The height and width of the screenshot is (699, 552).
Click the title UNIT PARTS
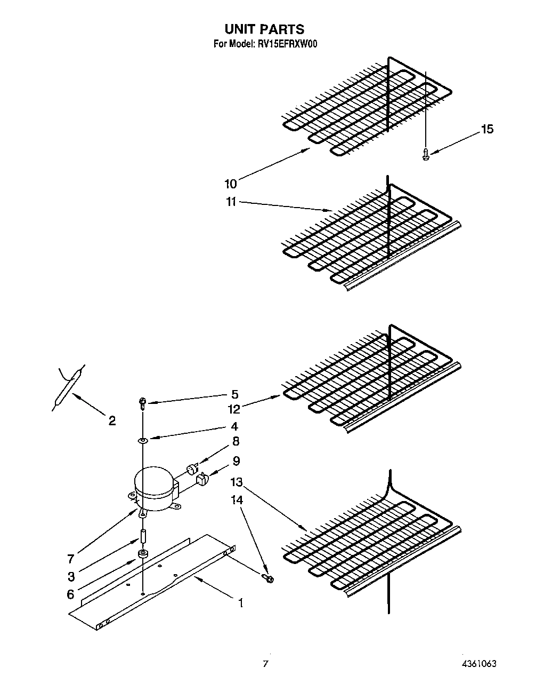(264, 29)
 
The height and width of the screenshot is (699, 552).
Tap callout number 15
(487, 129)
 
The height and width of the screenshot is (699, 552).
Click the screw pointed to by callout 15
(425, 155)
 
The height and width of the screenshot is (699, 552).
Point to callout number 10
(230, 184)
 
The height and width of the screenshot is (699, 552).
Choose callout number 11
(230, 202)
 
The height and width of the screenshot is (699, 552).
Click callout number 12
(234, 409)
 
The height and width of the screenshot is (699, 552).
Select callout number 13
(236, 482)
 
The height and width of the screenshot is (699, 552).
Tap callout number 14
(237, 500)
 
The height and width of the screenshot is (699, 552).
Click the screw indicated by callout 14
(268, 577)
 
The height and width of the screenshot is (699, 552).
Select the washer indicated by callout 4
(143, 440)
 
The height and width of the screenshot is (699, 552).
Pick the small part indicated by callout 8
(190, 469)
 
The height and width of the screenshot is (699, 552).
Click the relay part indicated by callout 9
(202, 479)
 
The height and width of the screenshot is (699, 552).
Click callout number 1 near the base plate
(241, 603)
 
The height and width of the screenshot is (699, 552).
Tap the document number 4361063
(480, 664)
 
